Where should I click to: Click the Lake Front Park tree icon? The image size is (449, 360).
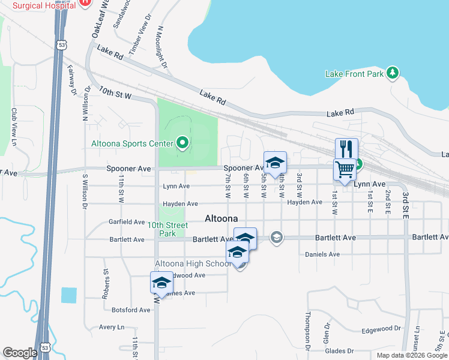pyautogui.click(x=393, y=73)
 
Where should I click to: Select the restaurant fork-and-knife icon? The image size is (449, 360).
pyautogui.click(x=346, y=148)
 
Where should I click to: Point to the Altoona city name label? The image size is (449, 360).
pyautogui.click(x=221, y=218)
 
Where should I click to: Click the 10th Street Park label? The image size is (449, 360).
pyautogui.click(x=169, y=229)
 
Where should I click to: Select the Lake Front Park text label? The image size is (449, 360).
pyautogui.click(x=354, y=74)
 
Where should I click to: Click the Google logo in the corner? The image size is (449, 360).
pyautogui.click(x=20, y=352)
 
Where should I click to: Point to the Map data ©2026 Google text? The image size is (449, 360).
pyautogui.click(x=411, y=355)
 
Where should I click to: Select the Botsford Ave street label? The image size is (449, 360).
pyautogui.click(x=131, y=310)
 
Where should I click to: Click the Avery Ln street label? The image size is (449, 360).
pyautogui.click(x=111, y=328)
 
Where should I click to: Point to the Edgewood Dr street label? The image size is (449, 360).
pyautogui.click(x=381, y=329)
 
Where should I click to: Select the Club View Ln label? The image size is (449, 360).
pyautogui.click(x=13, y=126)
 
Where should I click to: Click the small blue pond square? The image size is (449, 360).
pyautogui.click(x=69, y=295)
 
